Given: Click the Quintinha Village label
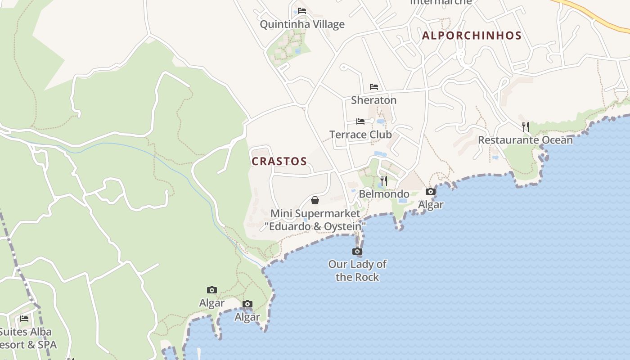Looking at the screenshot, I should (302, 24).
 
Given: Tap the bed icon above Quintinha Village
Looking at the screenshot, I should (302, 11).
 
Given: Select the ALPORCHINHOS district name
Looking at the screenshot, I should (472, 36).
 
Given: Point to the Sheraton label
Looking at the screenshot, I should (373, 100).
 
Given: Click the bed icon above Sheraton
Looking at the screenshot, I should (374, 87).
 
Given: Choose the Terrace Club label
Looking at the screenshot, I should (360, 135).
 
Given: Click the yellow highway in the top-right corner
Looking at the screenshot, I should (598, 18).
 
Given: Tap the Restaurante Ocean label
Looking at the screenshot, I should (525, 140).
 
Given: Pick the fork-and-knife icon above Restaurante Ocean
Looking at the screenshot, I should (525, 126).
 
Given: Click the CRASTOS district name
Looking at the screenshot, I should (279, 161).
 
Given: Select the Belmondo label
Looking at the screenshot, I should (384, 194).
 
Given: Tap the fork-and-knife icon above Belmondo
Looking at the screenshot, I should (384, 181).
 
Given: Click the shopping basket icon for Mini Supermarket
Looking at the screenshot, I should (315, 200).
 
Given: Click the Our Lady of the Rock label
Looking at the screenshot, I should (357, 270).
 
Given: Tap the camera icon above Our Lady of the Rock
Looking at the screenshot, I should (357, 251).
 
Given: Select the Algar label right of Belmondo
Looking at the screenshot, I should (431, 205).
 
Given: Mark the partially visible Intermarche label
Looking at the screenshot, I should (441, 2).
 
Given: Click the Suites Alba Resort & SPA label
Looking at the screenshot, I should (27, 338).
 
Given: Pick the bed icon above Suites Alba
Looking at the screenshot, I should (24, 319).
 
